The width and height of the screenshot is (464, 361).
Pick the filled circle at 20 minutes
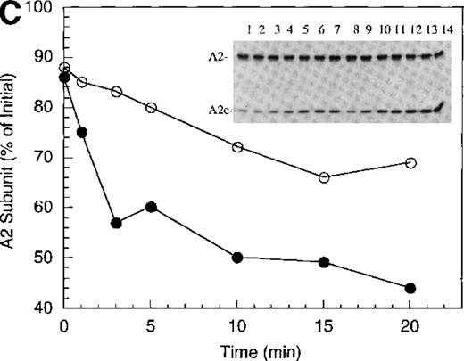(x=410, y=288)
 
